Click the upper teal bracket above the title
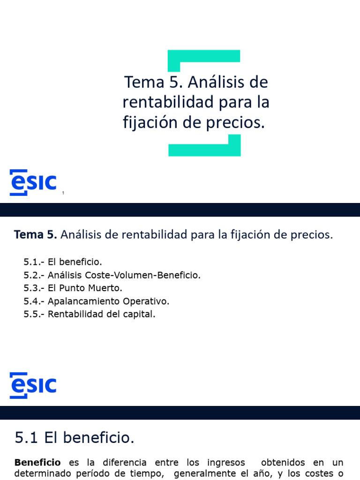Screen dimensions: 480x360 204,56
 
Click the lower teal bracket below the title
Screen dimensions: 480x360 205,150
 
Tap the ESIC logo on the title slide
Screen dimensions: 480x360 33,182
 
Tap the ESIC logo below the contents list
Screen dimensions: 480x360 33,385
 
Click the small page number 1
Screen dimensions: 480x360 63,193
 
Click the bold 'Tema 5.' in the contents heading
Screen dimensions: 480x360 36,235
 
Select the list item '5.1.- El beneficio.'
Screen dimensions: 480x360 62,262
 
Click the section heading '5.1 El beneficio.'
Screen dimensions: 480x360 75,438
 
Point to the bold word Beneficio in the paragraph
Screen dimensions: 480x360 37,463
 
